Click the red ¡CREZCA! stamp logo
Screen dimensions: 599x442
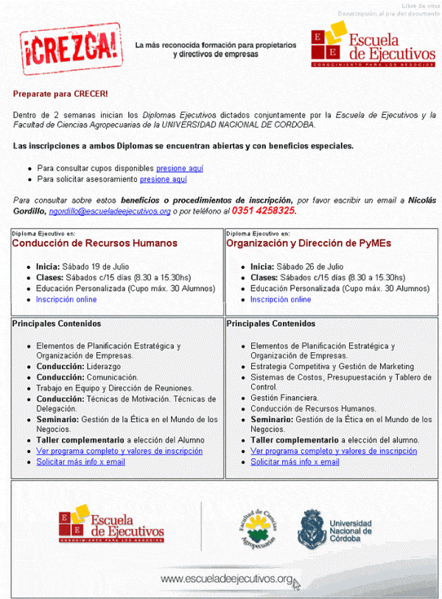pyautogui.click(x=70, y=45)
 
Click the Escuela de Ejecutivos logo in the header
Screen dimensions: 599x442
pyautogui.click(x=373, y=45)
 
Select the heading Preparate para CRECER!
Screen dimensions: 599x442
pyautogui.click(x=60, y=94)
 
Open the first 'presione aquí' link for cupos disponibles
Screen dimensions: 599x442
pyautogui.click(x=180, y=168)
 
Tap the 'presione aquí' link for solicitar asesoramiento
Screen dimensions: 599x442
pyautogui.click(x=164, y=179)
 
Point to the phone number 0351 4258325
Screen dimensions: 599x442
pyautogui.click(x=264, y=211)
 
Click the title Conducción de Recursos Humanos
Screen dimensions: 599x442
pyautogui.click(x=94, y=243)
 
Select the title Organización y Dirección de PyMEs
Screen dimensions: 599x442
pyautogui.click(x=309, y=243)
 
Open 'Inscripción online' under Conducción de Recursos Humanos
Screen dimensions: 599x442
pyautogui.click(x=66, y=299)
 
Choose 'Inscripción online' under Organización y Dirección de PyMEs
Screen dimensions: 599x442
pyautogui.click(x=281, y=299)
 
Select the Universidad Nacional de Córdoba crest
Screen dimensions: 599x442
pyautogui.click(x=309, y=528)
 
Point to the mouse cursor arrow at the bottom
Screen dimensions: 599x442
pyautogui.click(x=296, y=584)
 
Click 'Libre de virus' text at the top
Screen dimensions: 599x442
pyautogui.click(x=420, y=6)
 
